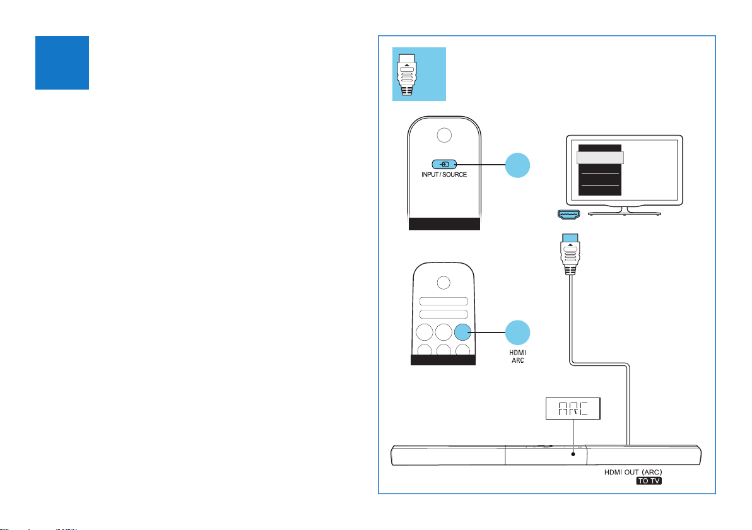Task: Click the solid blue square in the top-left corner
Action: tap(62, 62)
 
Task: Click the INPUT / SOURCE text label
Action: tap(444, 174)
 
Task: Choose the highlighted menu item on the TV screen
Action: tap(600, 158)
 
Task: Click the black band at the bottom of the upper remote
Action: tap(444, 225)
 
